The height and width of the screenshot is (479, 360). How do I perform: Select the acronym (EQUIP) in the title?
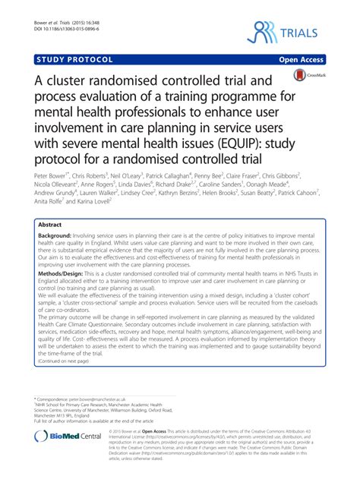click(x=201, y=141)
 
